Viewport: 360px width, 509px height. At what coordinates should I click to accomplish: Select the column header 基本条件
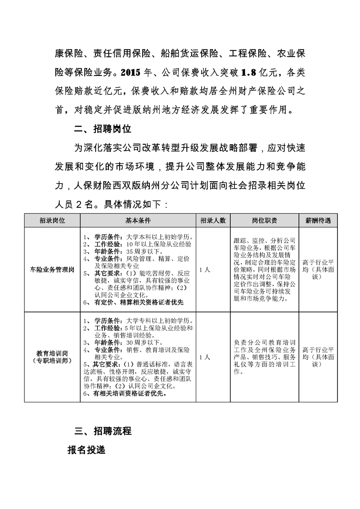(138, 221)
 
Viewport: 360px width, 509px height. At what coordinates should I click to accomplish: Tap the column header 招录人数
(212, 221)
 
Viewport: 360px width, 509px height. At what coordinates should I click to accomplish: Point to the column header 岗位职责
(265, 221)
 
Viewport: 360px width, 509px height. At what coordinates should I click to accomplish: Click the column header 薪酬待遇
(318, 221)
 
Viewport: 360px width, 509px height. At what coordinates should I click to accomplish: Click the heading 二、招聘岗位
(103, 129)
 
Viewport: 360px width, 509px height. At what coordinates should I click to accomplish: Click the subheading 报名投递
(85, 450)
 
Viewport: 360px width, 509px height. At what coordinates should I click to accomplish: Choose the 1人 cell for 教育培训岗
(204, 357)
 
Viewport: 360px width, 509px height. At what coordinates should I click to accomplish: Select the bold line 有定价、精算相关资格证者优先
(139, 302)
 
